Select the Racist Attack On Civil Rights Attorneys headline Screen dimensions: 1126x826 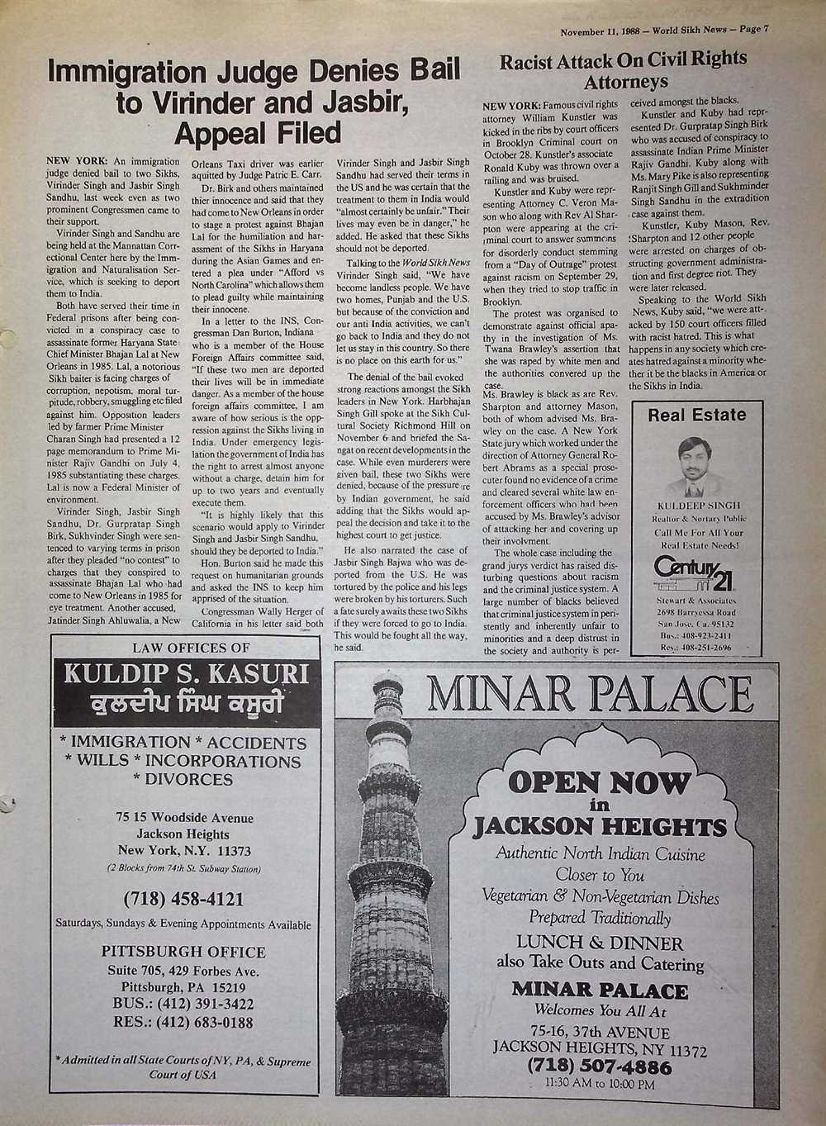(x=624, y=70)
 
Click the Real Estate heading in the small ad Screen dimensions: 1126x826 (x=696, y=415)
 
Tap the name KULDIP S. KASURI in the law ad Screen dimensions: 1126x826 (x=186, y=674)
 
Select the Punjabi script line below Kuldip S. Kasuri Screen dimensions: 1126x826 (x=186, y=705)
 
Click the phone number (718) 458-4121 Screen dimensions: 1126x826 (x=183, y=898)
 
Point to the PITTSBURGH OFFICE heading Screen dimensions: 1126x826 (x=184, y=952)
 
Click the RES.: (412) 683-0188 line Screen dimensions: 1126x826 (x=183, y=1022)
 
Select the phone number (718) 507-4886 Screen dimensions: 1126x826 (x=599, y=1067)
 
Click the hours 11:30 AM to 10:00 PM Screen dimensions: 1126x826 (x=600, y=1084)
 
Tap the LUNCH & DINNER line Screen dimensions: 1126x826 (x=600, y=943)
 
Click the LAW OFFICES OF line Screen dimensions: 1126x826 (x=184, y=648)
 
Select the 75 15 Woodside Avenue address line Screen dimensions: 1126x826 (x=184, y=818)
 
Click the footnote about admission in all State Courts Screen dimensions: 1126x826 (x=183, y=1067)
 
